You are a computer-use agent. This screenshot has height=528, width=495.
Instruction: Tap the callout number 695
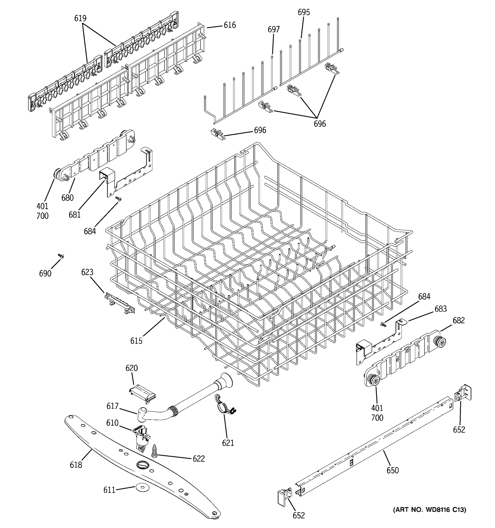click(304, 12)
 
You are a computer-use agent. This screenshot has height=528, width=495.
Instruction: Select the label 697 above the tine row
click(273, 29)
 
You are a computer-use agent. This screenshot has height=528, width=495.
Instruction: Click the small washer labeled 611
click(142, 487)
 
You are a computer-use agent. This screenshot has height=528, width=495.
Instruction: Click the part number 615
click(136, 341)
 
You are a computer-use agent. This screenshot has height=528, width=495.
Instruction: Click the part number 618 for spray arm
click(76, 465)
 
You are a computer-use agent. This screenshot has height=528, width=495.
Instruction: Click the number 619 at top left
click(80, 18)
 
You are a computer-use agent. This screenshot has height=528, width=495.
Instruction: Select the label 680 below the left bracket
click(68, 198)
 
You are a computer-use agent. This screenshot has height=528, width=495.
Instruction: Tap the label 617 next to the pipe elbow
click(112, 406)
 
